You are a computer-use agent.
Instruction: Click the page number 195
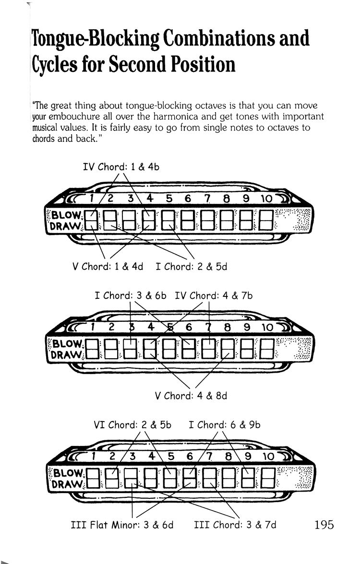[324, 524]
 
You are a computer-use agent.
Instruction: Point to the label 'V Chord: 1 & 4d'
[108, 267]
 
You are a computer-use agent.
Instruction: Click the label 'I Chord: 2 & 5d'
[192, 267]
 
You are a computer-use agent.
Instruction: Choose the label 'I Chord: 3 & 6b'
[131, 296]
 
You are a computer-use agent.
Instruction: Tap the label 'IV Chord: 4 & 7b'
[214, 296]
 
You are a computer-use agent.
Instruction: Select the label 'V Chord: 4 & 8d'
[191, 396]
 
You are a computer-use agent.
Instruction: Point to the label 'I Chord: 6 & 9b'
[225, 425]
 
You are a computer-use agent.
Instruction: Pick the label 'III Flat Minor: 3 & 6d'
[122, 525]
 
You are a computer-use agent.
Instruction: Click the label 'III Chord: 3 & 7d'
[235, 525]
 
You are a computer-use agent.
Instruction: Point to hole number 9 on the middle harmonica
[246, 328]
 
